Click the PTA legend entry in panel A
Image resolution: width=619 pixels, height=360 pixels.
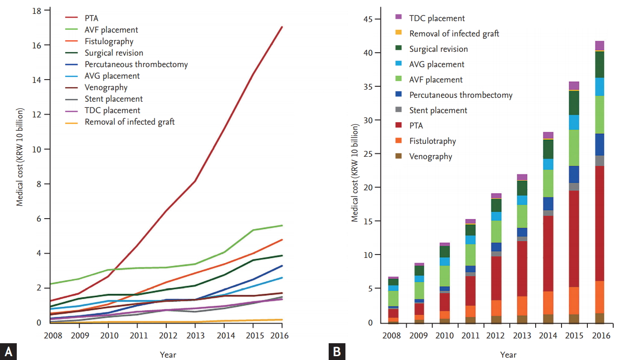click(x=92, y=18)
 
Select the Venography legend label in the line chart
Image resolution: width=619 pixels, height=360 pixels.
click(x=106, y=87)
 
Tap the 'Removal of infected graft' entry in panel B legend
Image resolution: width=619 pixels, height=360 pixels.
click(x=454, y=34)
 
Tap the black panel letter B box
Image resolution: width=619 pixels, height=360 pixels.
click(x=337, y=351)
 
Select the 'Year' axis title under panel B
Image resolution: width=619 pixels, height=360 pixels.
click(x=508, y=355)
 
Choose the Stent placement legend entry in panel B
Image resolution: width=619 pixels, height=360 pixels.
click(x=438, y=110)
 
